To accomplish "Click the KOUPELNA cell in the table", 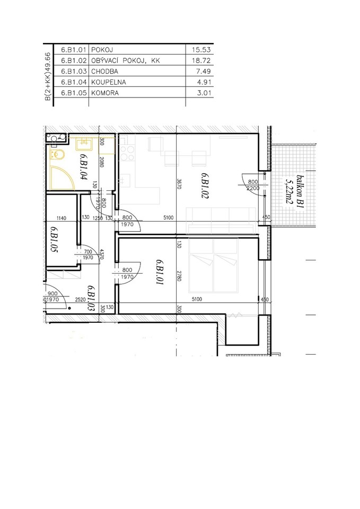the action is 108,82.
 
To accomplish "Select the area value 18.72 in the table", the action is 201,60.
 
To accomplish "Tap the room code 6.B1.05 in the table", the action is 74,93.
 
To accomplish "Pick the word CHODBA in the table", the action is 104,72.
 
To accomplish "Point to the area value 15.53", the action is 201,50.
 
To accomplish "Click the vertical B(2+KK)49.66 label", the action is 48,76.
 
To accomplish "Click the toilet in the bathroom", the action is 58,155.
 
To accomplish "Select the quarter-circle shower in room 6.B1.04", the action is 63,178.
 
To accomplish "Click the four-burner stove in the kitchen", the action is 127,153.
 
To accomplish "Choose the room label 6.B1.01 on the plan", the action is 159,272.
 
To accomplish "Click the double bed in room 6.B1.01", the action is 213,266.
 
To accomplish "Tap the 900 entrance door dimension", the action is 52,294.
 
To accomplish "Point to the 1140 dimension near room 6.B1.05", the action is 62,218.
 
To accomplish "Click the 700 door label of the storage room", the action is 88,251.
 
